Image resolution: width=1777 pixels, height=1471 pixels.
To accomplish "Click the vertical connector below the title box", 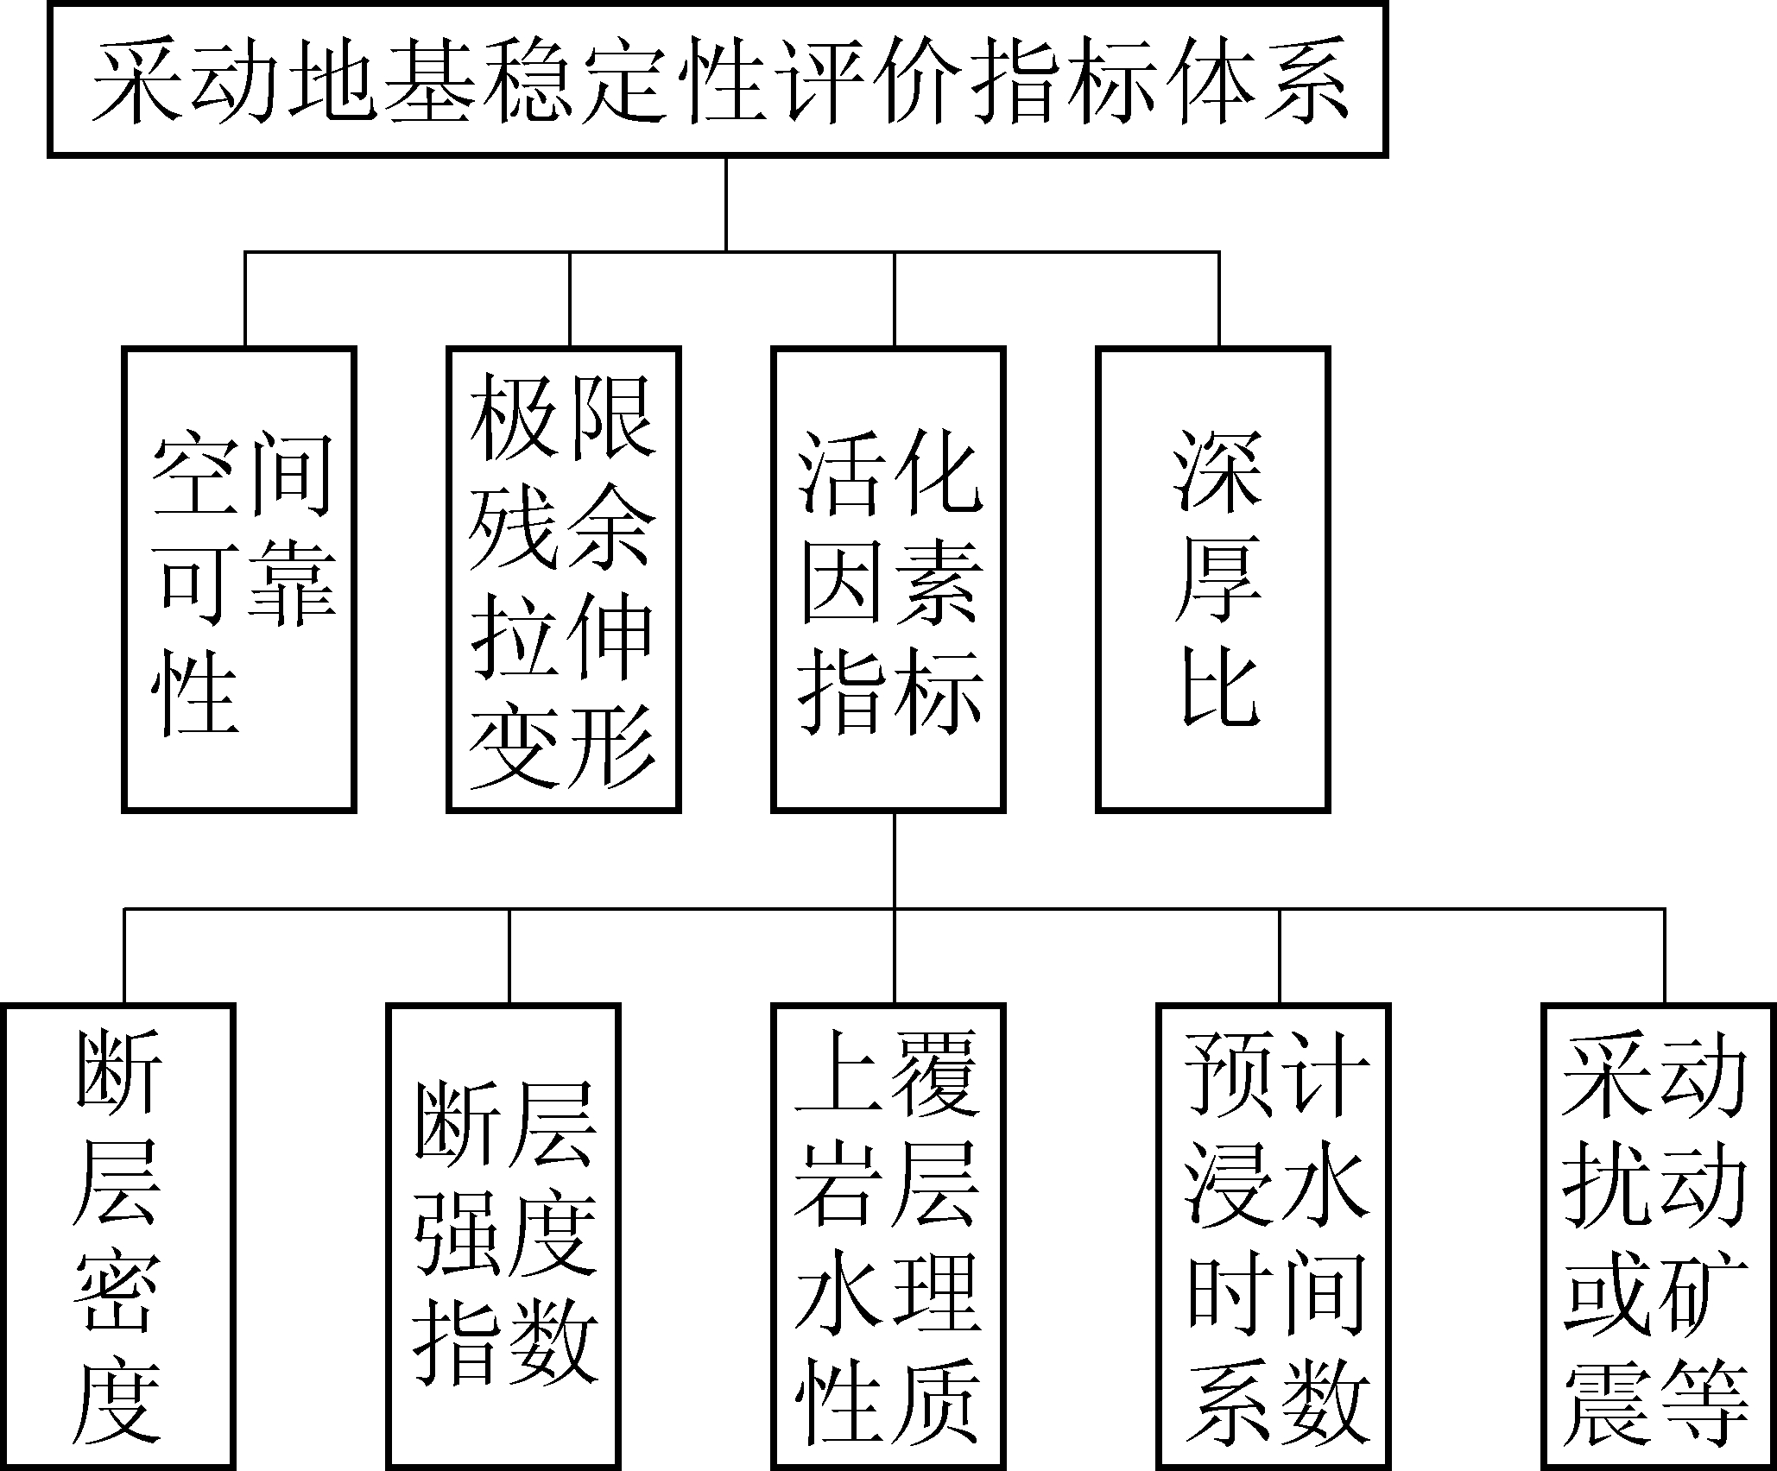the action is tap(725, 205).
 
